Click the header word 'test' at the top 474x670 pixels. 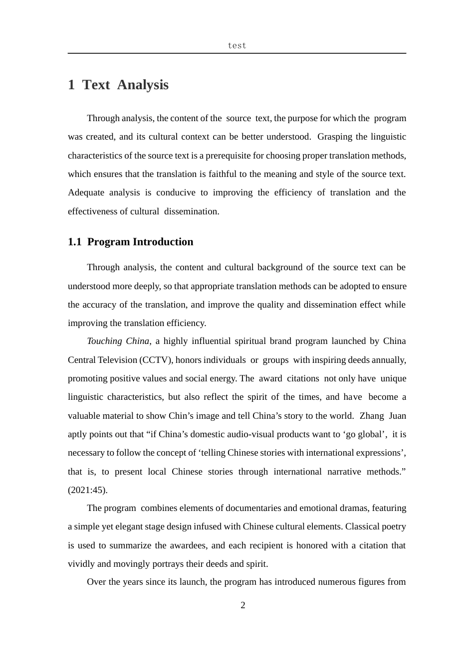237,45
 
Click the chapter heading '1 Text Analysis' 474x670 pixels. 118,85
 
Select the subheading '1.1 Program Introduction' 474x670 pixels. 130,242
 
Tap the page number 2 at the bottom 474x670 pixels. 243,605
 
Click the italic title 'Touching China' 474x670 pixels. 118,341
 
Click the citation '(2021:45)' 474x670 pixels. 87,490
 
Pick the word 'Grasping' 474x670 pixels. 334,137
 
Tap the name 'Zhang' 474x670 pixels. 372,416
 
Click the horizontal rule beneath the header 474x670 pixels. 237,53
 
